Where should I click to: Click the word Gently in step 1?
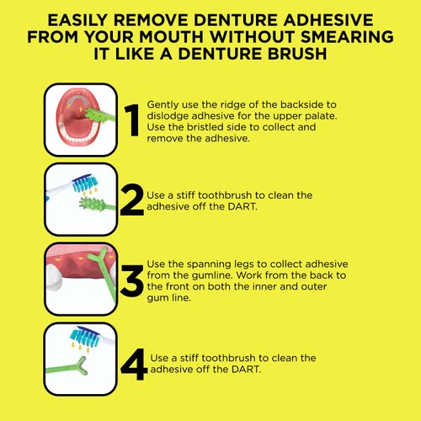pyautogui.click(x=163, y=102)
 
